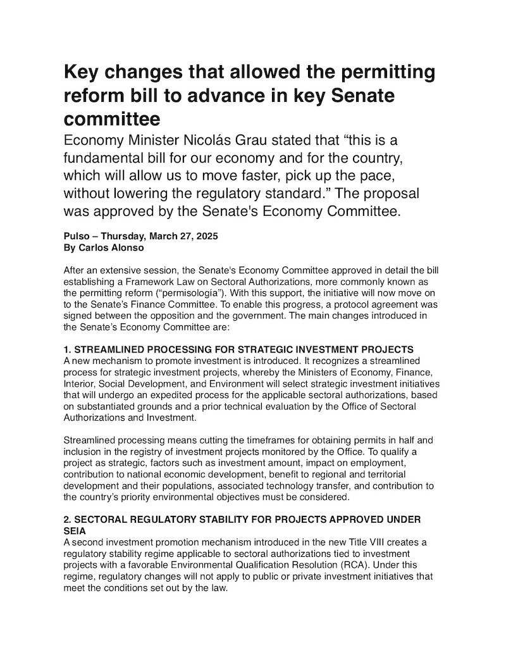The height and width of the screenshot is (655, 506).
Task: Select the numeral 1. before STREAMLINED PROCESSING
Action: point(68,349)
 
